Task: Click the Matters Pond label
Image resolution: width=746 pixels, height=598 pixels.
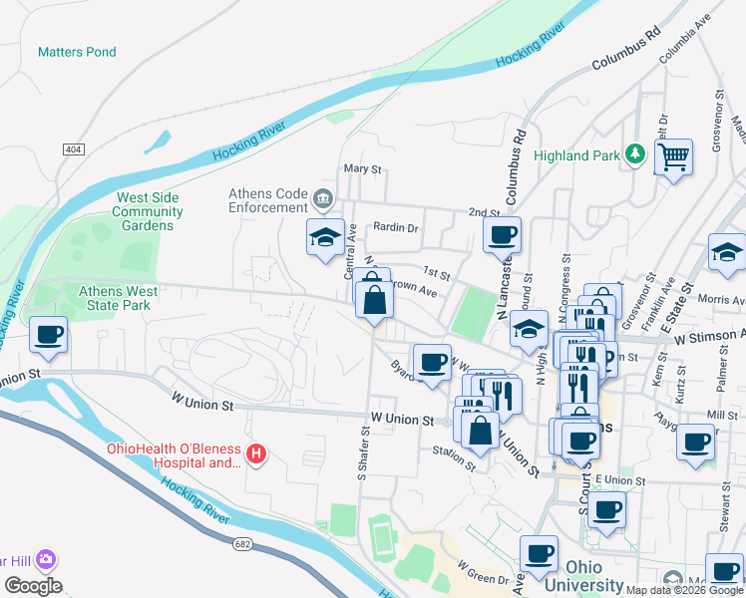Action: click(x=77, y=52)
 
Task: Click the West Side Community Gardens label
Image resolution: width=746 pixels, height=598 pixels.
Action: click(x=147, y=211)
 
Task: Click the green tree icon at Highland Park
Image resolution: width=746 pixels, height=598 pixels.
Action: click(x=633, y=154)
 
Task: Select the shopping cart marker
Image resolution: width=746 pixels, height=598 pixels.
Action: click(x=673, y=156)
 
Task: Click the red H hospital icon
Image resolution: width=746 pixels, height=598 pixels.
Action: click(x=257, y=454)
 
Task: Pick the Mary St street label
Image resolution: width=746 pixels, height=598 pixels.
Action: click(x=363, y=169)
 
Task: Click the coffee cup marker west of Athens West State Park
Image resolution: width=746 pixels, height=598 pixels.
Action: click(x=47, y=336)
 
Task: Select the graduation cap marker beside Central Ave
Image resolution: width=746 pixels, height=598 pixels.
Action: click(x=325, y=238)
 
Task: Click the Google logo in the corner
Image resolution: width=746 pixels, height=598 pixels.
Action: click(x=33, y=586)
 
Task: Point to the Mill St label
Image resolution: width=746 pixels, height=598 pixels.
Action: click(x=722, y=415)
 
